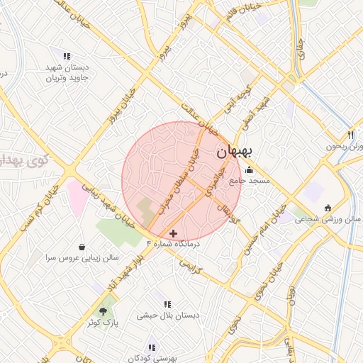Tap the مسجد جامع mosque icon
click(x=250, y=170)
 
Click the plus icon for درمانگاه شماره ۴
click(x=174, y=233)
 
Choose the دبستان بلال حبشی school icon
click(x=167, y=303)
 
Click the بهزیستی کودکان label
click(x=152, y=357)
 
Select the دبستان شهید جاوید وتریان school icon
click(x=67, y=56)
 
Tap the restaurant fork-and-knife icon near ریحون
click(x=350, y=135)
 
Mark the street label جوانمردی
click(x=212, y=181)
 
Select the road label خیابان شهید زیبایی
click(x=117, y=208)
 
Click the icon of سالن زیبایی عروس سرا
click(x=83, y=247)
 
